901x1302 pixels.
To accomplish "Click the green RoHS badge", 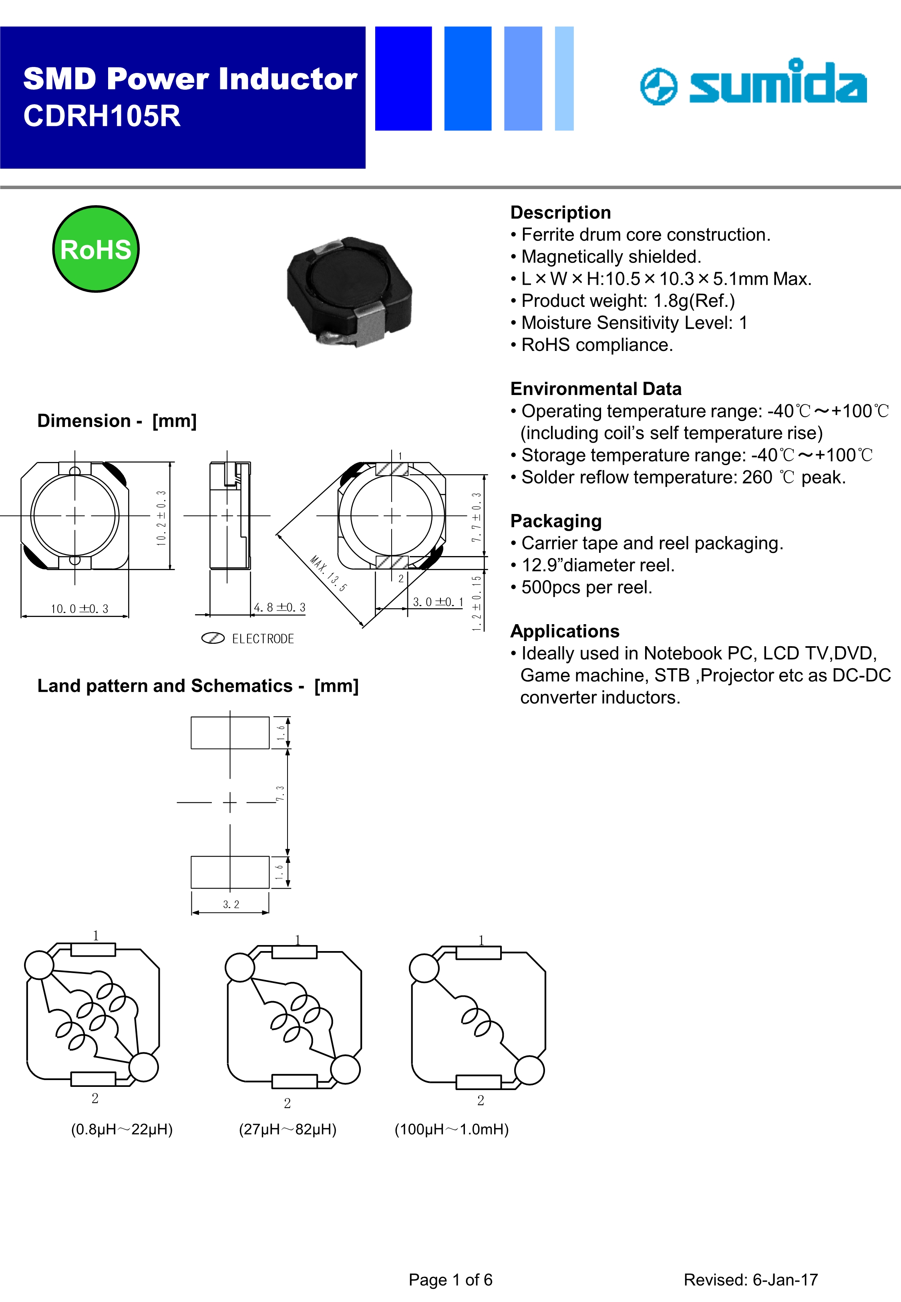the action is tap(96, 249).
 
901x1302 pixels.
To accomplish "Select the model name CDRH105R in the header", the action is tap(102, 116).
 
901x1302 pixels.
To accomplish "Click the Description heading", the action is tap(561, 212).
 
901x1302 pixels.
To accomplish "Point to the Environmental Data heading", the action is tap(595, 389).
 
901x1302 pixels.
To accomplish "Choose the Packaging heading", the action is tap(556, 521).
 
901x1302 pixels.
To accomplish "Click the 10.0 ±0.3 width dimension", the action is tap(80, 609).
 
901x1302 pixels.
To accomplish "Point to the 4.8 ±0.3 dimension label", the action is tap(280, 607).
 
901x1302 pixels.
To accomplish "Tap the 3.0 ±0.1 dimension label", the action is tap(438, 602).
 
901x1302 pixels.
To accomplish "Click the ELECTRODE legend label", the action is tap(263, 639).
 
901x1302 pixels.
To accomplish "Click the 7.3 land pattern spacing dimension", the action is tap(280, 793).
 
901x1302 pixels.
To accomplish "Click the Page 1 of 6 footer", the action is tap(450, 1280).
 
